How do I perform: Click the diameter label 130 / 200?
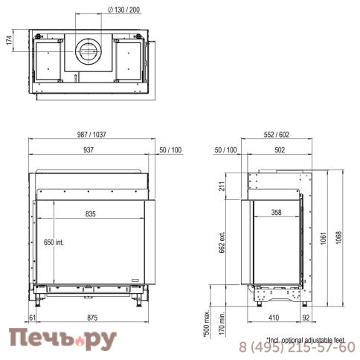tap(123, 10)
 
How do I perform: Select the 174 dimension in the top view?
tap(9, 40)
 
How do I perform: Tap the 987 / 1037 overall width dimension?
tap(91, 135)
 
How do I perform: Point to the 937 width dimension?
tap(89, 150)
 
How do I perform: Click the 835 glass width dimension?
tap(91, 214)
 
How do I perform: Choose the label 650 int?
tap(54, 242)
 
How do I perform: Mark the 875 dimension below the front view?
tap(92, 318)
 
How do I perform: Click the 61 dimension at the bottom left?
tap(33, 318)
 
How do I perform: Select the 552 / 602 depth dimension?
tap(277, 135)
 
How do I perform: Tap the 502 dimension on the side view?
tap(280, 150)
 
